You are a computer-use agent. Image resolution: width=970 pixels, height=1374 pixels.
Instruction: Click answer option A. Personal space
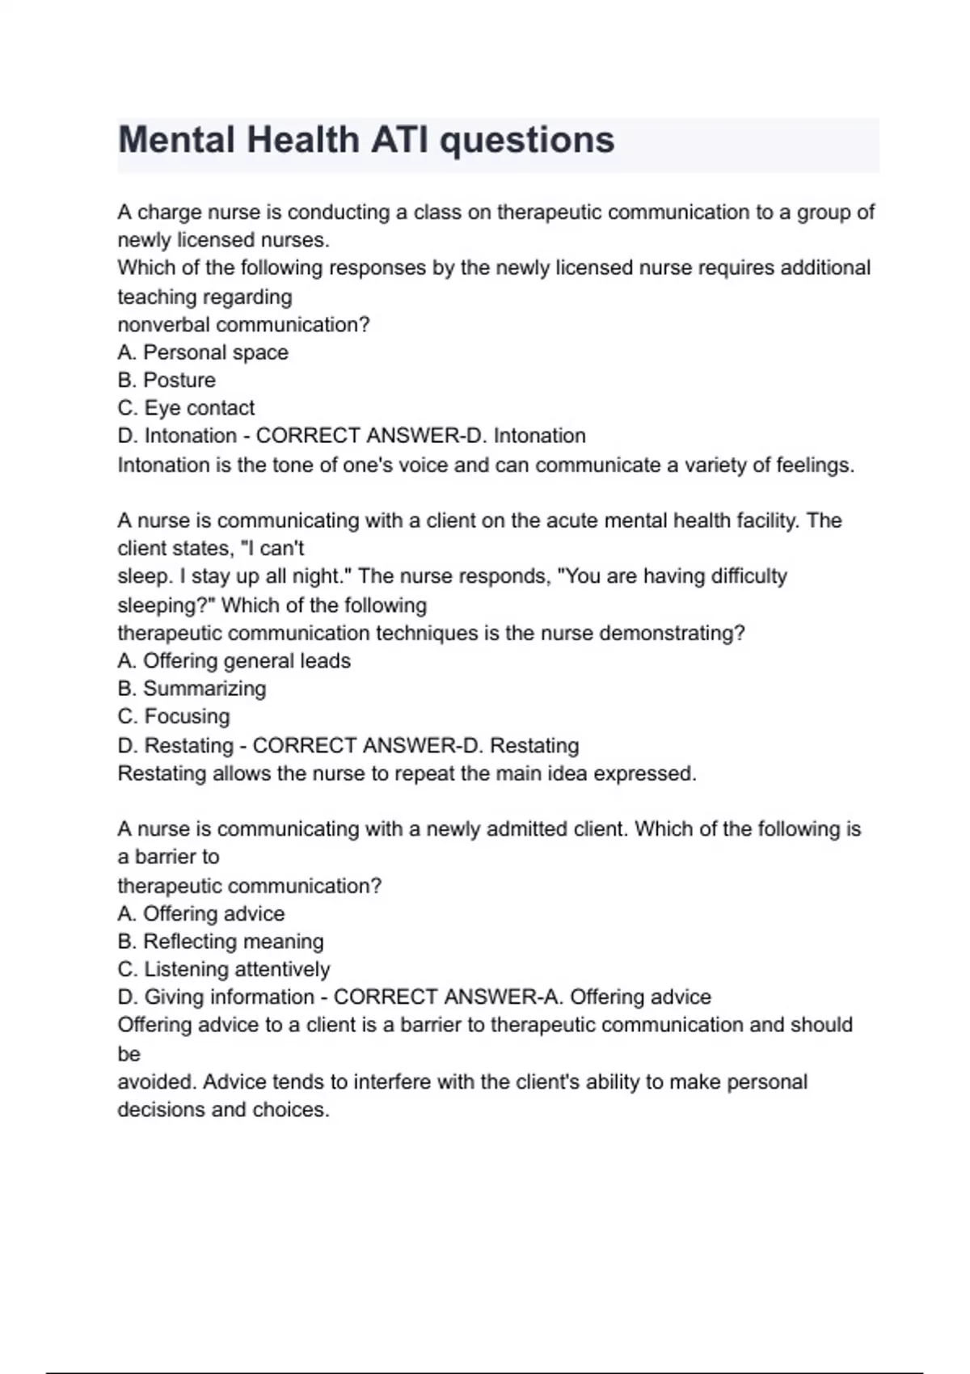pyautogui.click(x=203, y=352)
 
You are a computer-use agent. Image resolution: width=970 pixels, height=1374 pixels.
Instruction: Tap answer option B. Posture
pyautogui.click(x=167, y=380)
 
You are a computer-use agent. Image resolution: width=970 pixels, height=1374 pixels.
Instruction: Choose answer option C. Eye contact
pyautogui.click(x=186, y=408)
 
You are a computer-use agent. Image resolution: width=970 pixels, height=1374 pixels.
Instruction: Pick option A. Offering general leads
pyautogui.click(x=234, y=661)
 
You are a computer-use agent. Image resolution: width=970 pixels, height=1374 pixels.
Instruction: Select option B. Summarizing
pyautogui.click(x=192, y=689)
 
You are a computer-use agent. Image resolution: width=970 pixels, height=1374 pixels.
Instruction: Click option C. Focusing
pyautogui.click(x=174, y=717)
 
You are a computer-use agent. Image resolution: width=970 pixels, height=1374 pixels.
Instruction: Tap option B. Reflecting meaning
pyautogui.click(x=221, y=942)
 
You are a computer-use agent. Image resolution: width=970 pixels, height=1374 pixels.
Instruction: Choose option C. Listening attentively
pyautogui.click(x=224, y=969)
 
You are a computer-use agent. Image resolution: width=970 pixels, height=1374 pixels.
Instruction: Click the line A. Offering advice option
pyautogui.click(x=201, y=914)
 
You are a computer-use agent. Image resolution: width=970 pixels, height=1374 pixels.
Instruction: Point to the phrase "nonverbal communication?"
pyautogui.click(x=243, y=325)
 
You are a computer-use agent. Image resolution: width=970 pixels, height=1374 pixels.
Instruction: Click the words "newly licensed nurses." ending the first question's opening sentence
pyautogui.click(x=224, y=240)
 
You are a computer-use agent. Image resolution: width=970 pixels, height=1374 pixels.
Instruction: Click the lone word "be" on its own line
pyautogui.click(x=129, y=1055)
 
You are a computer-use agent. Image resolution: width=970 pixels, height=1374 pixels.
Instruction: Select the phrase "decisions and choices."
pyautogui.click(x=224, y=1110)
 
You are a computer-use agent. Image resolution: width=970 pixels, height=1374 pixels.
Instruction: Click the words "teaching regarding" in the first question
pyautogui.click(x=205, y=297)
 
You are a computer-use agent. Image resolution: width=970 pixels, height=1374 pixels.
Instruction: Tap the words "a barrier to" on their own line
pyautogui.click(x=168, y=857)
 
